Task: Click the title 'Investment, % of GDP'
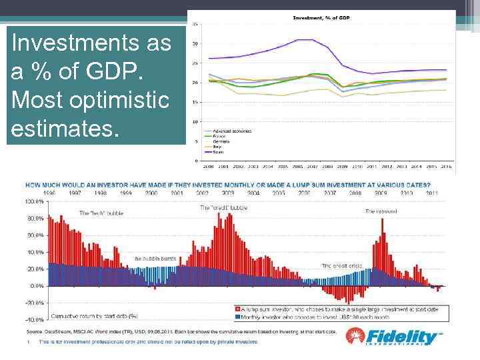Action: point(322,17)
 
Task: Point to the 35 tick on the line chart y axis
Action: point(195,24)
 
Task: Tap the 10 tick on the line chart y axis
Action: point(195,121)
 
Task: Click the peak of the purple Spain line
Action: point(305,40)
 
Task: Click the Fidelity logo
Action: point(394,337)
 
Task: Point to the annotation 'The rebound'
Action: point(380,211)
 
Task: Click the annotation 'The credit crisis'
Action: point(341,265)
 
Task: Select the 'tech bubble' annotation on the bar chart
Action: point(102,213)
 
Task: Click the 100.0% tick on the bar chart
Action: point(34,201)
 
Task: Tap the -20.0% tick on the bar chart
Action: point(34,302)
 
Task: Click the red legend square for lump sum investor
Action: point(237,309)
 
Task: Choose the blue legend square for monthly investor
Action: point(237,317)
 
